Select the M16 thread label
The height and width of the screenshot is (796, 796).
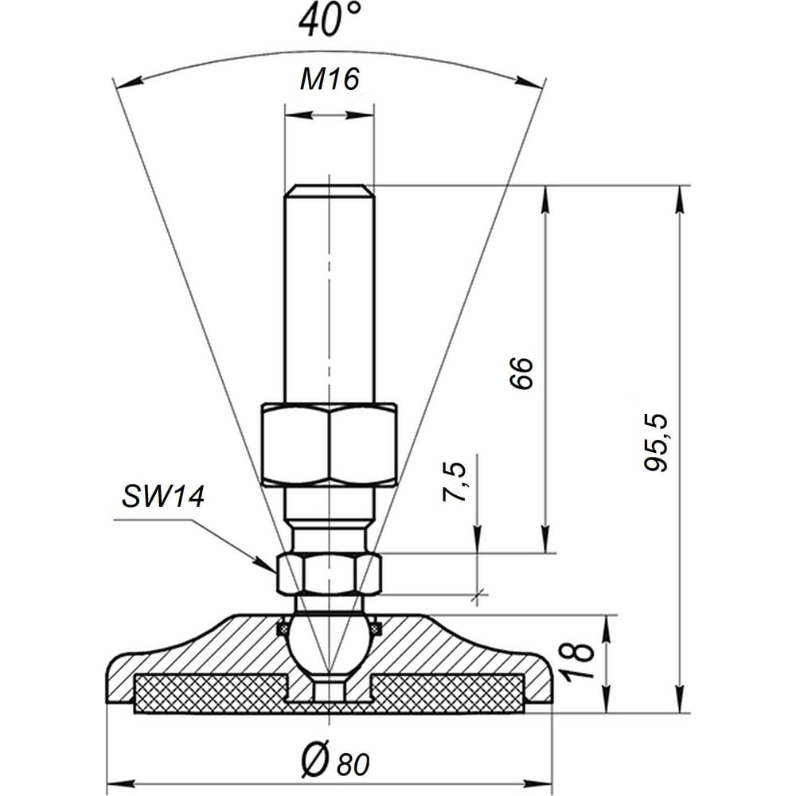330,79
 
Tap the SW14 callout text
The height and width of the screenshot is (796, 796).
163,496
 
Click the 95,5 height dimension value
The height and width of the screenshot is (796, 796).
655,443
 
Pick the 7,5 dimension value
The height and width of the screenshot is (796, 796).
455,482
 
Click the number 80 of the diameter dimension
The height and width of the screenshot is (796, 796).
353,763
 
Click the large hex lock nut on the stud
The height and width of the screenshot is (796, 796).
330,445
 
